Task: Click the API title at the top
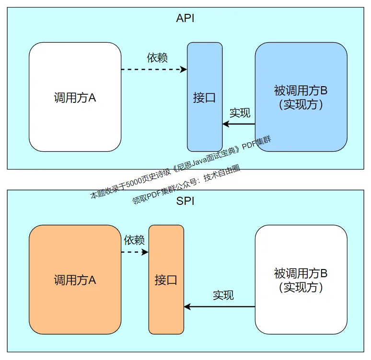[x=185, y=19]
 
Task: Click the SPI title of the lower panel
[x=185, y=201]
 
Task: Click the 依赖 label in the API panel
[x=157, y=58]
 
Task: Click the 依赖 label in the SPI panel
[x=134, y=240]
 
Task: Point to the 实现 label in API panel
[x=240, y=113]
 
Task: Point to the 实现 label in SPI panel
[x=223, y=295]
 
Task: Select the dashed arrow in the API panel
[x=153, y=69]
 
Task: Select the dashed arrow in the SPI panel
[x=135, y=252]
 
